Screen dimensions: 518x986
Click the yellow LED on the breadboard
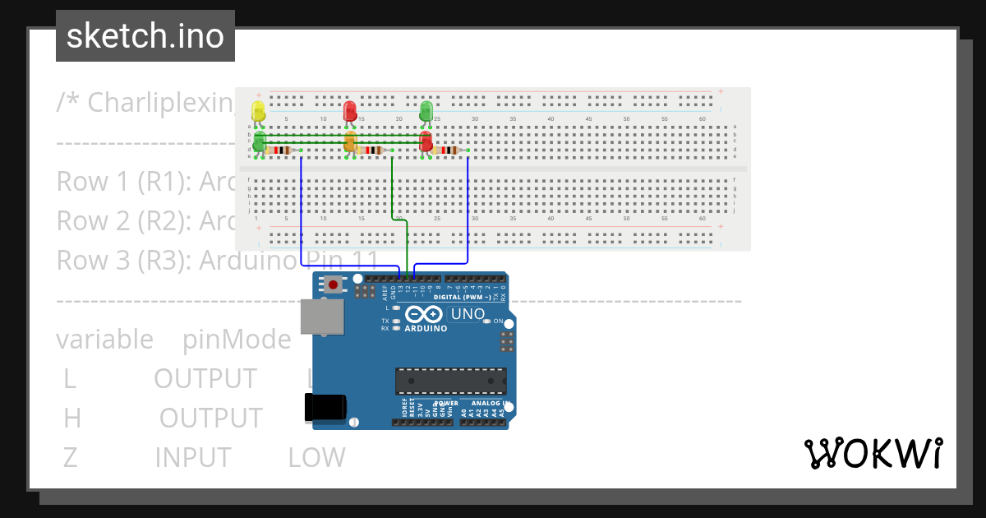(x=258, y=111)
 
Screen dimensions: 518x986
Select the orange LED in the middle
(x=350, y=142)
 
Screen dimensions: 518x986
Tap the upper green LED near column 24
(x=426, y=110)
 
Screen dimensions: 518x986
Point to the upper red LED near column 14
(x=349, y=111)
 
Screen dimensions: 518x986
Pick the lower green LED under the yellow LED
(x=259, y=141)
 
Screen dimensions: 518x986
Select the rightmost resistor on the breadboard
(x=449, y=150)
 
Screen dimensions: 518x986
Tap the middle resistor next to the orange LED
(x=372, y=150)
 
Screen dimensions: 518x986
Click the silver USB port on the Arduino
(x=322, y=317)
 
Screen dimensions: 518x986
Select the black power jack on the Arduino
(x=326, y=408)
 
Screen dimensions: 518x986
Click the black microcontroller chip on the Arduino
(x=450, y=381)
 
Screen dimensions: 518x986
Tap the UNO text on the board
(x=468, y=314)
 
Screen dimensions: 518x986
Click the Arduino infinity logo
(x=425, y=314)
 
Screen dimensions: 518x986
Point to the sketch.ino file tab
(x=145, y=36)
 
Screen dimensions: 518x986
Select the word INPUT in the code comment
(x=192, y=457)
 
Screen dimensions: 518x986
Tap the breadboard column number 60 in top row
(x=703, y=120)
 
